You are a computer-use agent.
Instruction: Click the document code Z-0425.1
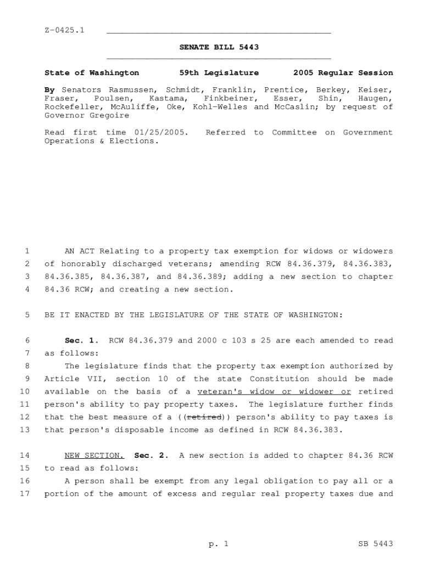[x=64, y=30]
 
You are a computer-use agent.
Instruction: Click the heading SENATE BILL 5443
[x=219, y=47]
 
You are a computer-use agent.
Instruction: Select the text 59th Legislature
[x=219, y=72]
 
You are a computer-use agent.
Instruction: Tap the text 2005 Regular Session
[x=343, y=72]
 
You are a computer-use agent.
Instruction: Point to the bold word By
[x=49, y=89]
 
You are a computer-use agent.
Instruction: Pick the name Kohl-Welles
[x=221, y=106]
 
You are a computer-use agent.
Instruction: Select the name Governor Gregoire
[x=86, y=115]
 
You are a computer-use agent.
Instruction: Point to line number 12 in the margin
[x=25, y=417]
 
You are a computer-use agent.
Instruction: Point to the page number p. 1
[x=218, y=544]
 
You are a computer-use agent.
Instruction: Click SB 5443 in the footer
[x=375, y=544]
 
